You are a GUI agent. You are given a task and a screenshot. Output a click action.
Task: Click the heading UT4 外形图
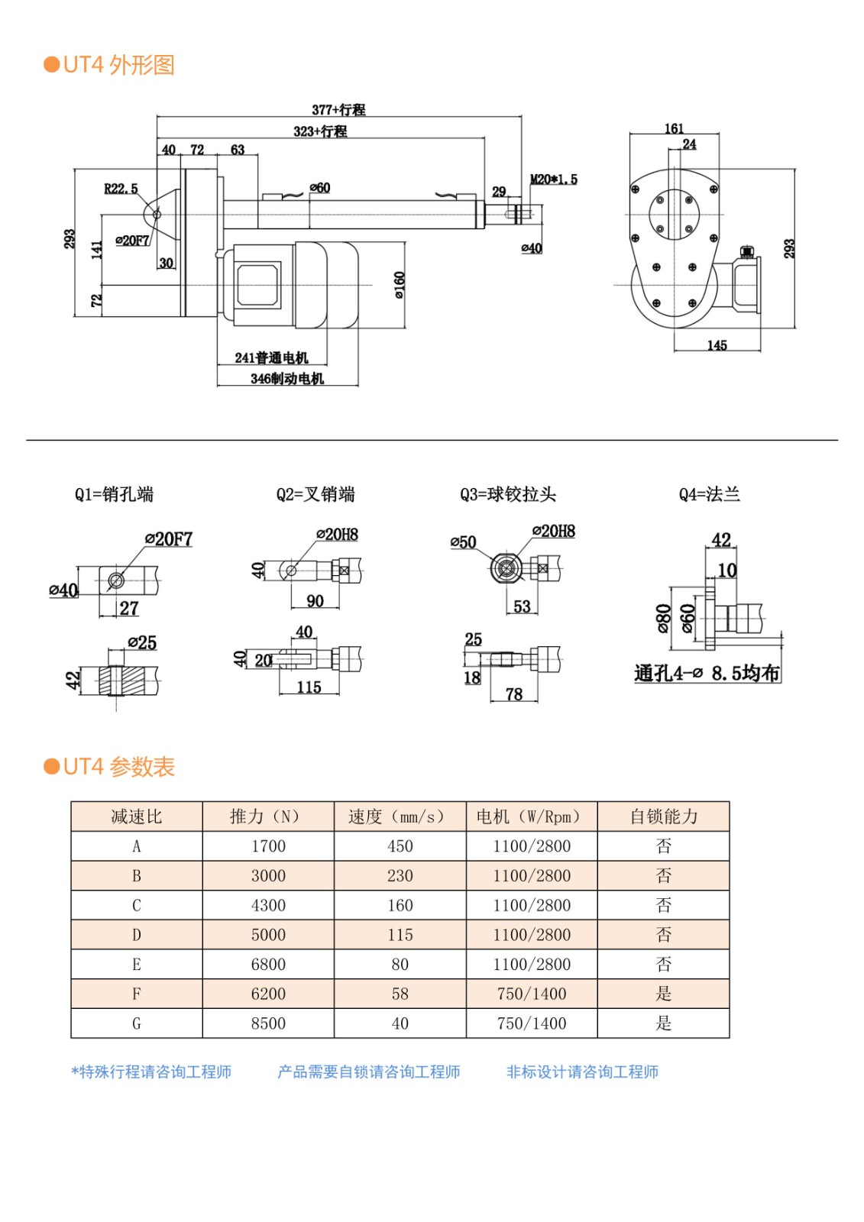click(118, 65)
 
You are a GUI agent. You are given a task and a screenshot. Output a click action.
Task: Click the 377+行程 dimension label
click(338, 110)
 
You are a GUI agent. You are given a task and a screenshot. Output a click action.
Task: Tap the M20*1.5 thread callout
click(554, 179)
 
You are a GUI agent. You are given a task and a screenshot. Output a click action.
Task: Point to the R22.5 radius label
click(121, 189)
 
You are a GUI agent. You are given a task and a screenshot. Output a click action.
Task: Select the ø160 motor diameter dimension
click(400, 285)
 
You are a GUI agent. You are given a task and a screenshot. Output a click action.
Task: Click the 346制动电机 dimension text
click(287, 379)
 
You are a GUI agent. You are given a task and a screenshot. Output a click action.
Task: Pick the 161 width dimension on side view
click(674, 129)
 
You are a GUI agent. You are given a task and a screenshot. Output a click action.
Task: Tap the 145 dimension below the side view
click(717, 346)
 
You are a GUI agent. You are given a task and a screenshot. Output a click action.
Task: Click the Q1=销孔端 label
click(114, 495)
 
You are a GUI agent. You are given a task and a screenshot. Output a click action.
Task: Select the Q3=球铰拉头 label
click(508, 495)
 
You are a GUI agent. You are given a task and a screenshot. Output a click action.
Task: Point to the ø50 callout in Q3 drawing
click(463, 542)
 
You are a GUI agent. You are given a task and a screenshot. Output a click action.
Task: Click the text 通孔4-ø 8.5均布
click(707, 674)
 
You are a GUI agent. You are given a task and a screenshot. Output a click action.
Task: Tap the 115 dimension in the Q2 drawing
click(309, 687)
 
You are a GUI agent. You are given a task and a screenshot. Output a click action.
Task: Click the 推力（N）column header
click(268, 816)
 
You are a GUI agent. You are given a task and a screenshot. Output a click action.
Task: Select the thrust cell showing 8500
click(268, 1023)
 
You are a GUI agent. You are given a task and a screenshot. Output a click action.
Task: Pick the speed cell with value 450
click(400, 846)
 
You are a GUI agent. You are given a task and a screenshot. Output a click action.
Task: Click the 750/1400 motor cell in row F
click(532, 994)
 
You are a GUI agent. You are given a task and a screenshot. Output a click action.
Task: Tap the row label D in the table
click(137, 935)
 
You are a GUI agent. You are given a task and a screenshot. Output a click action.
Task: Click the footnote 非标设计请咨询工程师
click(582, 1072)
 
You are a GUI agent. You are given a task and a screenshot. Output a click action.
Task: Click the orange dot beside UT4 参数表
click(52, 767)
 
